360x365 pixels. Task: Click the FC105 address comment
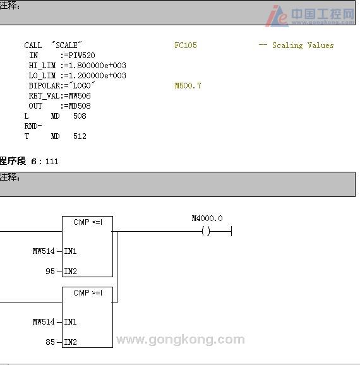186,45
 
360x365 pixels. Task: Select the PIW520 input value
81,56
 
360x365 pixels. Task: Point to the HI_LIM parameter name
42,66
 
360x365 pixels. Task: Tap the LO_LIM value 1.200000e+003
97,76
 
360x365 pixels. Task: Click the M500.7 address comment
188,86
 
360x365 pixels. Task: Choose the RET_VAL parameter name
44,96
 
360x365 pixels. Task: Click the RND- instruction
33,126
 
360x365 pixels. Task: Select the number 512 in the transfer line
80,136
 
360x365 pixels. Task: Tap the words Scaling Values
303,45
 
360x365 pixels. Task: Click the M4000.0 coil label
207,218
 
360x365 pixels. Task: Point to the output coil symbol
206,231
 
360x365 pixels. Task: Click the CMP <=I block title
88,222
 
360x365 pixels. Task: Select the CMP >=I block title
88,292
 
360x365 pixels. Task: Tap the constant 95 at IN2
50,272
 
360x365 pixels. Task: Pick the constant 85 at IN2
50,342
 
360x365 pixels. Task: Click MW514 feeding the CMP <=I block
44,251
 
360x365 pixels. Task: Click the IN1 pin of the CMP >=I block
70,322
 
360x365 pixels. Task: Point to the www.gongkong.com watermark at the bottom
181,340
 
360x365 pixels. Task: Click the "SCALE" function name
66,45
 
